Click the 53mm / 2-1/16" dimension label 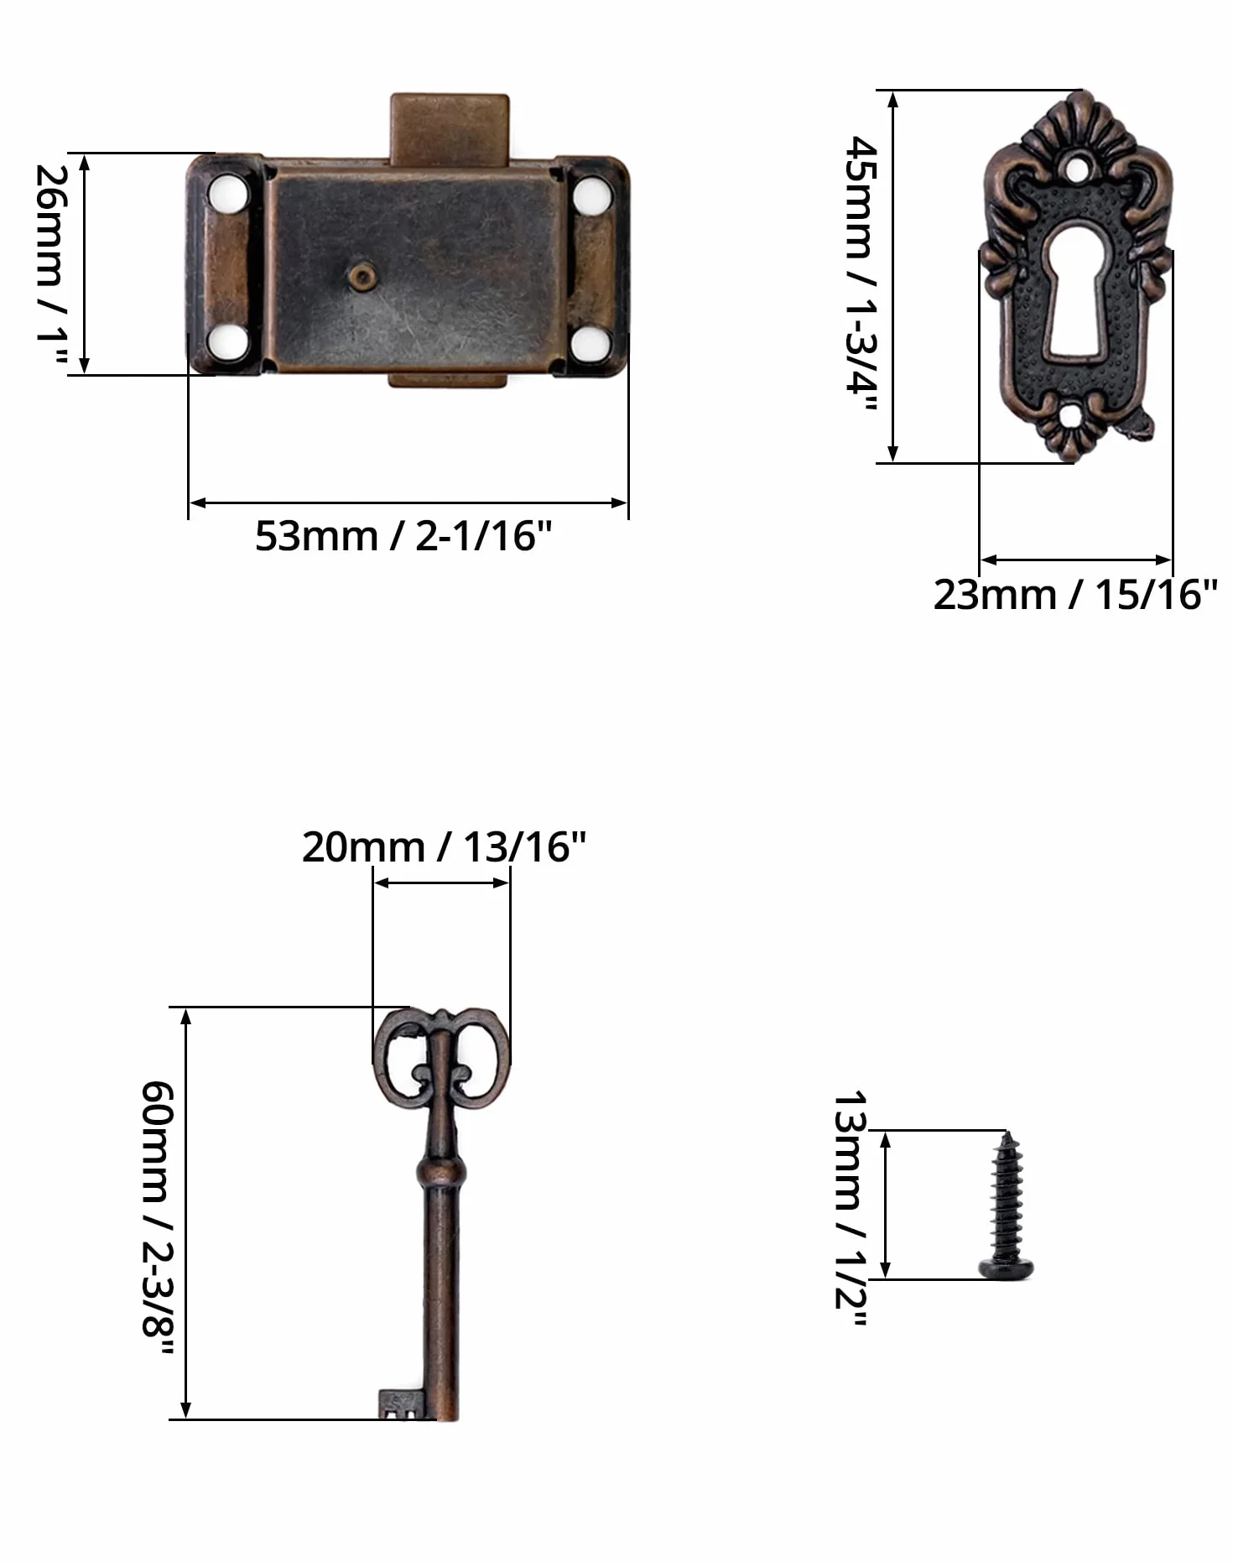click(403, 536)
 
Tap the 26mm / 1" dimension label click(50, 265)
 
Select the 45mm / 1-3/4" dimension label click(861, 274)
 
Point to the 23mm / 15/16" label click(1074, 595)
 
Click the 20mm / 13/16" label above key click(444, 847)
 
